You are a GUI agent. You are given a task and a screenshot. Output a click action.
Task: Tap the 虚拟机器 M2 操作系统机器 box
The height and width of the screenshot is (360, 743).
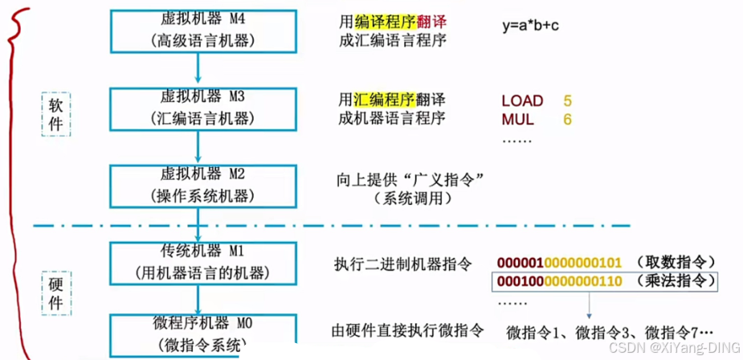pyautogui.click(x=198, y=186)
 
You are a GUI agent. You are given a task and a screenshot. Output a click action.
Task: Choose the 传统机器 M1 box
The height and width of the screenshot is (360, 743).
pyautogui.click(x=198, y=262)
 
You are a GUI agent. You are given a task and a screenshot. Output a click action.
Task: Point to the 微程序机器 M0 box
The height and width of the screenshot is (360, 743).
pyautogui.click(x=198, y=334)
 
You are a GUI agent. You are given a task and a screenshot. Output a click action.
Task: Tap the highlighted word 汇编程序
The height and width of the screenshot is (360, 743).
pyautogui.click(x=384, y=100)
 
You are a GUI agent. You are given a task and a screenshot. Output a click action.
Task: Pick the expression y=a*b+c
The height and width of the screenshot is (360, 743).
pyautogui.click(x=530, y=27)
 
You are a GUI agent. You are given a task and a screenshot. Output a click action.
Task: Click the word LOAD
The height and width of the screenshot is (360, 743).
pyautogui.click(x=522, y=101)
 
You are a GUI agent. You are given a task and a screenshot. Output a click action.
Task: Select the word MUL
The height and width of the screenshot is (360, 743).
pyautogui.click(x=518, y=119)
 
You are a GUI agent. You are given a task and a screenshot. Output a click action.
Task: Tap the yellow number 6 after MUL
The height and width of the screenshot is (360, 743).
pyautogui.click(x=567, y=119)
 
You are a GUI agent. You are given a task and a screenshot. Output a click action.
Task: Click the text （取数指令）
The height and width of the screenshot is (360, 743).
pyautogui.click(x=673, y=263)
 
